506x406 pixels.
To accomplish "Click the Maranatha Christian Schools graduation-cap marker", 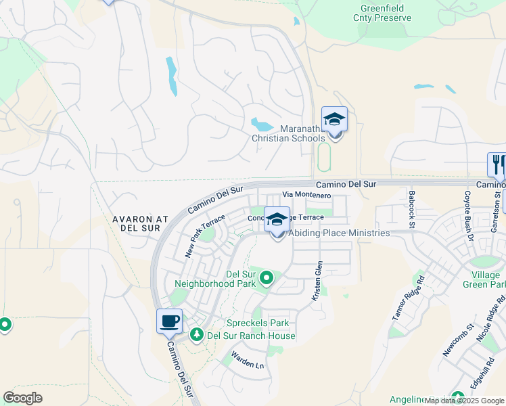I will (x=334, y=120).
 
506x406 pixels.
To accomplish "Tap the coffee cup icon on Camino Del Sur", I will (x=170, y=321).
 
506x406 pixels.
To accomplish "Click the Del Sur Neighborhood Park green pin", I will (x=267, y=277).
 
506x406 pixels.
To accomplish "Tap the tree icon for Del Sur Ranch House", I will (x=197, y=334).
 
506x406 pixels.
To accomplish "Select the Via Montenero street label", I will (x=306, y=195).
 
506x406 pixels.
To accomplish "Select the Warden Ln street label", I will (x=247, y=360).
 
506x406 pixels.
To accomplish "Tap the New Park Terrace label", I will (x=204, y=236).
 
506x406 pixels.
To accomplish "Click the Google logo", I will (x=22, y=397).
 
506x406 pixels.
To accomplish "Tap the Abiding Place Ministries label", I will (x=339, y=233).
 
